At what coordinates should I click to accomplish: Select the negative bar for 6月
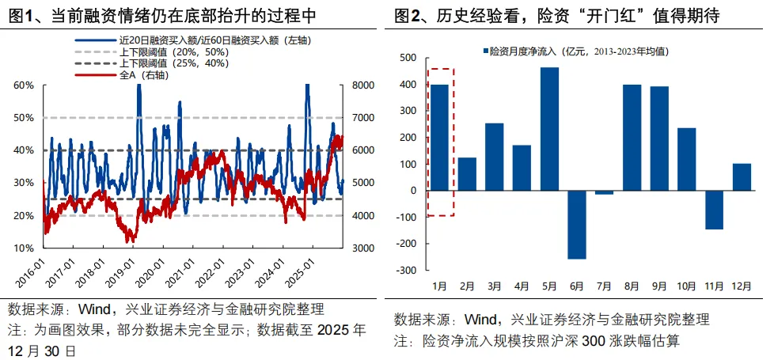577,225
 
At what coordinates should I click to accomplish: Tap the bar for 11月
714,210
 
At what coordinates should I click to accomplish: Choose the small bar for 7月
605,192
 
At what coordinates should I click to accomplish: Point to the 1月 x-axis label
439,285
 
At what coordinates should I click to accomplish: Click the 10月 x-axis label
687,285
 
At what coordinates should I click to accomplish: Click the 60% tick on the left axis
24,85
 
